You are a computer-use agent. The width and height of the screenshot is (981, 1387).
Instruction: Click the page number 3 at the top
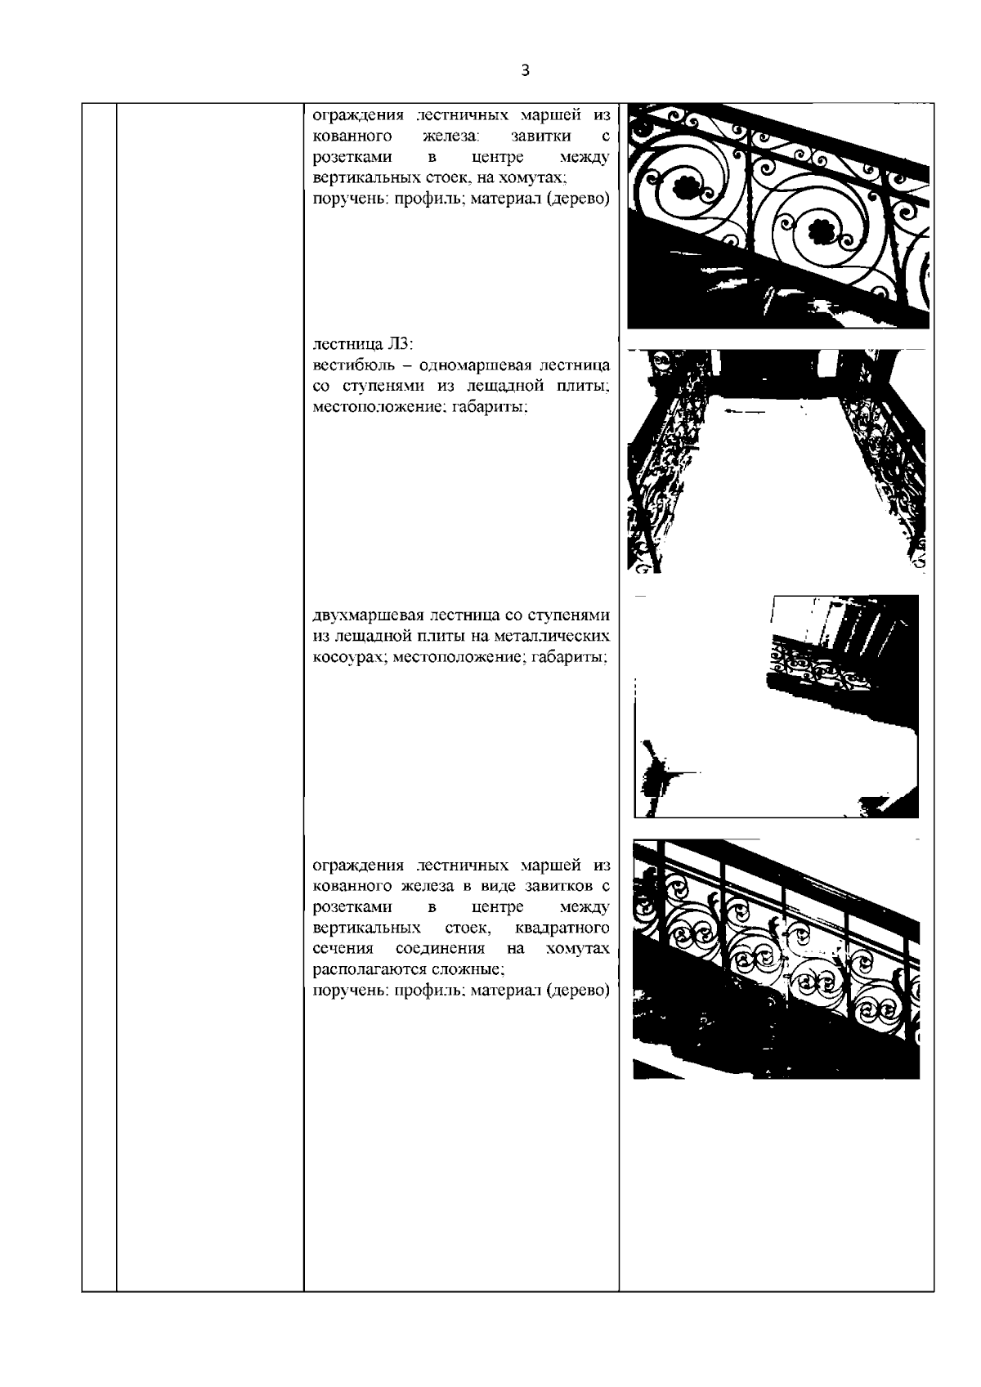525,70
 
